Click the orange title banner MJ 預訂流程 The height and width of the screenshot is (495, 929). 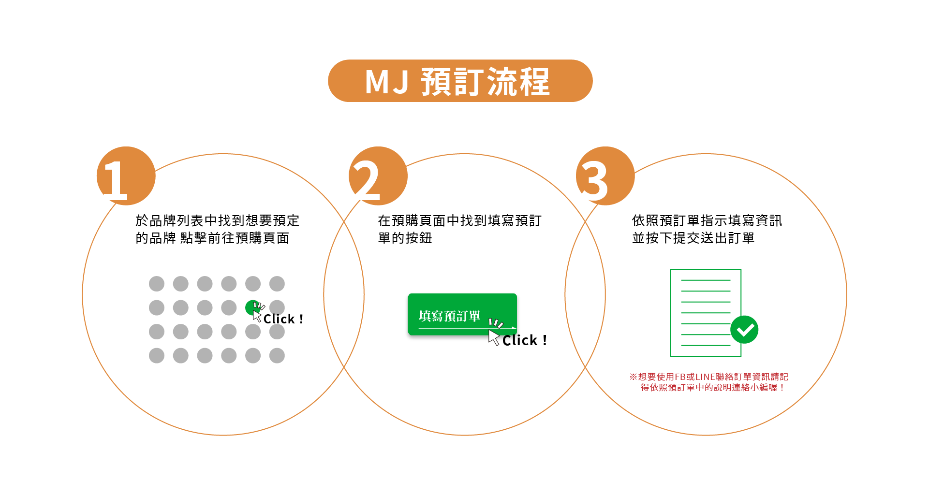click(x=460, y=81)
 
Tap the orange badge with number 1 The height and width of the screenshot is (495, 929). click(x=126, y=176)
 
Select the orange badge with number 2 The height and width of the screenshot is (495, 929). click(x=378, y=176)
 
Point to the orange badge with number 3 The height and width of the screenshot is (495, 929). click(x=605, y=176)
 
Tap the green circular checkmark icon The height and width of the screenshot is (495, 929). click(x=744, y=330)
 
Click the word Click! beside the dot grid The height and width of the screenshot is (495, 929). click(x=283, y=319)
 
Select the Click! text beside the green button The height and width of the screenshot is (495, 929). click(x=525, y=340)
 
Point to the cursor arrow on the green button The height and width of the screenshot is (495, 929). click(x=494, y=337)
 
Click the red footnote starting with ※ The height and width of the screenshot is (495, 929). click(x=708, y=382)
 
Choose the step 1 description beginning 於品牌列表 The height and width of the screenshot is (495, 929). click(x=217, y=229)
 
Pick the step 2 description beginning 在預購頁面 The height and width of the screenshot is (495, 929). click(x=459, y=229)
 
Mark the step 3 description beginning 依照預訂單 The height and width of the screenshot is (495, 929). click(x=707, y=229)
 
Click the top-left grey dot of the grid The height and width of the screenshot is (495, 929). click(x=157, y=284)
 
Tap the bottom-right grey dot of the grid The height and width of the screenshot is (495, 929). click(x=277, y=356)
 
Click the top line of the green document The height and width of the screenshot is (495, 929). click(x=706, y=280)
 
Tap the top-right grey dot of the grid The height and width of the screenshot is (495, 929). click(x=277, y=284)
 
